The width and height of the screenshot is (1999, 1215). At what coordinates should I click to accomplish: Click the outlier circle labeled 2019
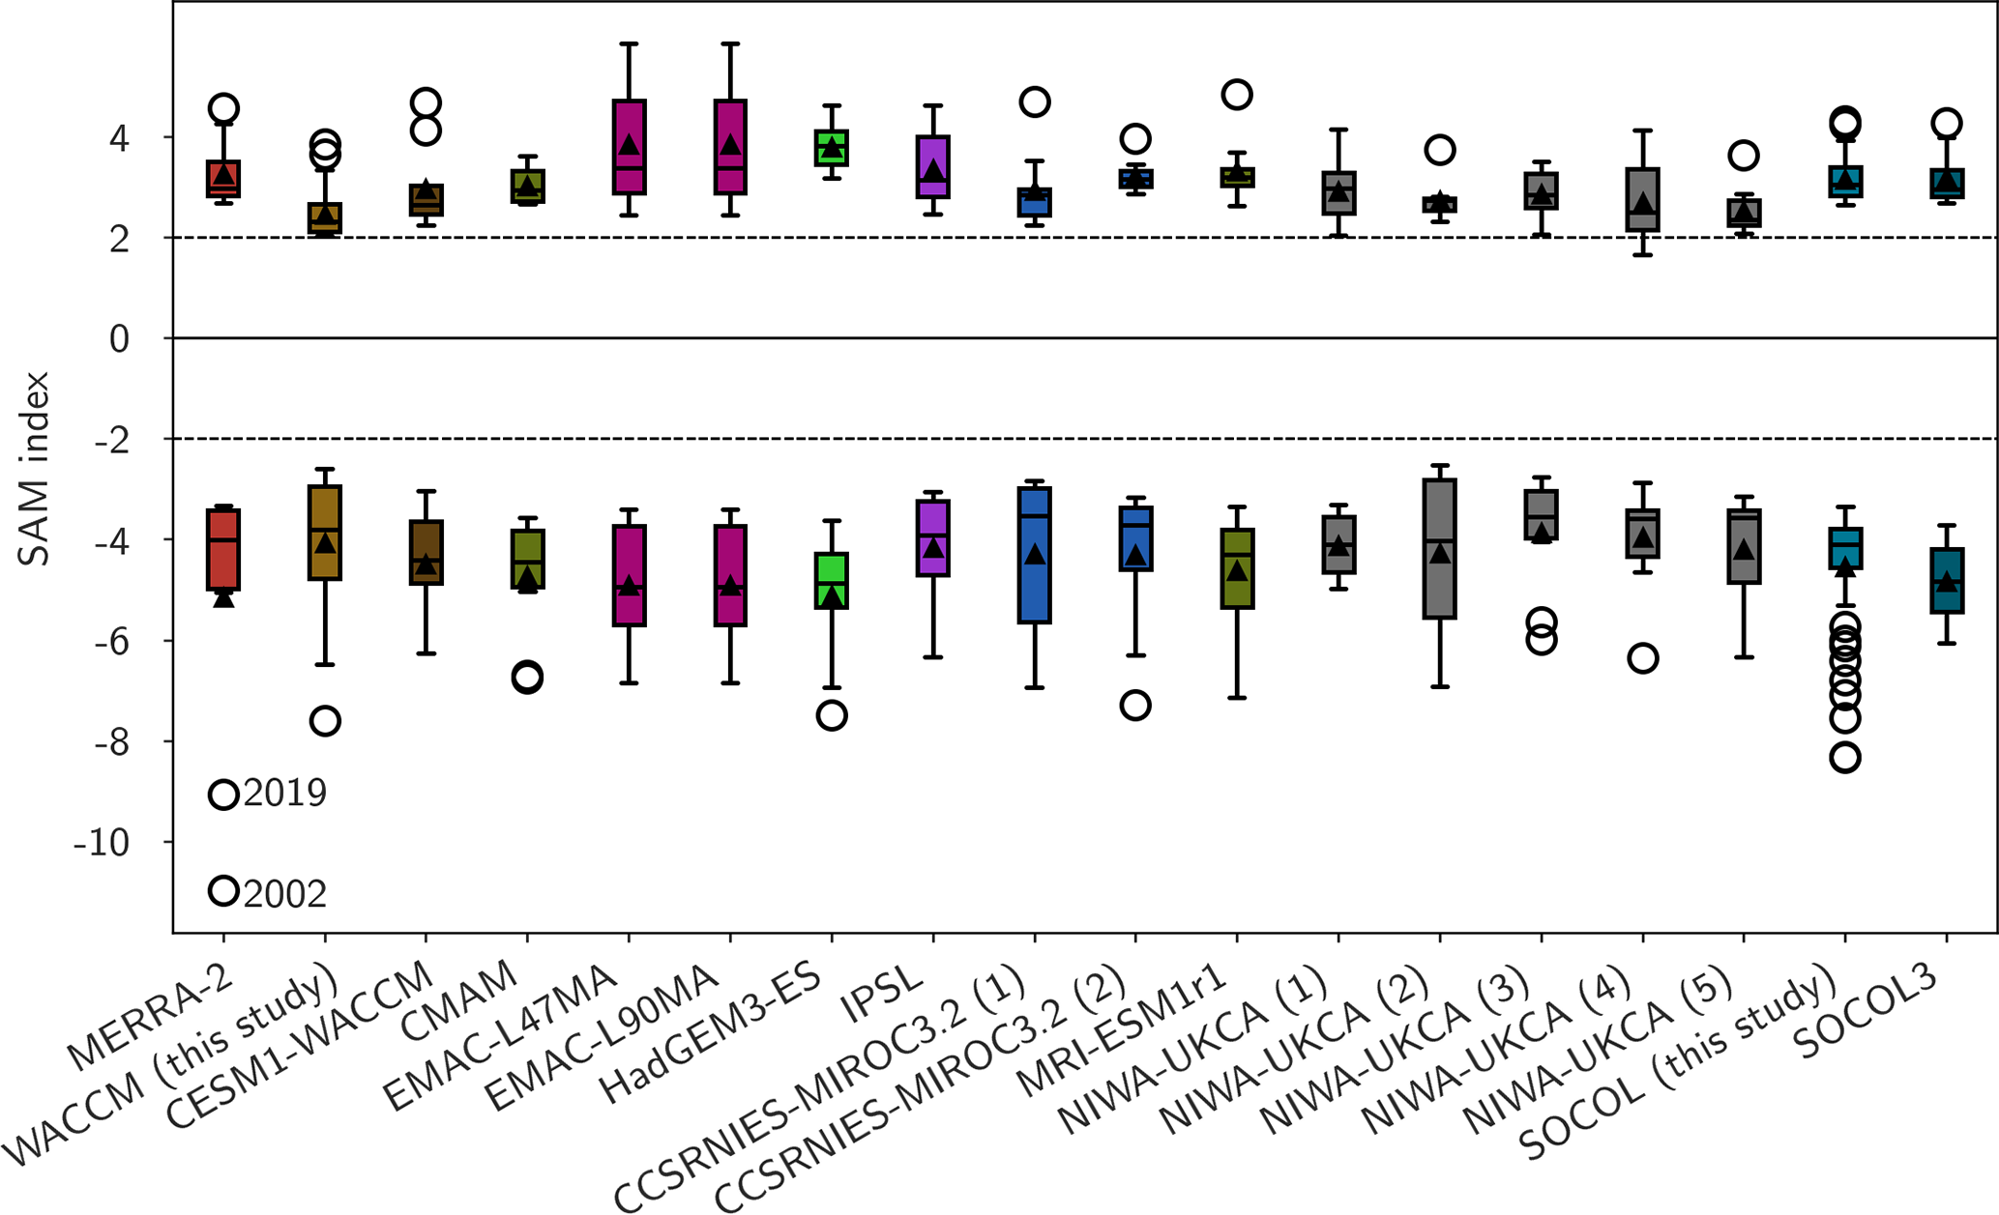223,795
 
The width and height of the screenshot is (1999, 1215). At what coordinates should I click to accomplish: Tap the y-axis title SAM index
34,469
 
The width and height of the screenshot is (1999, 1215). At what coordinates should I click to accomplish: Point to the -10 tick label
102,843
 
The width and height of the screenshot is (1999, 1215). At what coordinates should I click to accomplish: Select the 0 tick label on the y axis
119,339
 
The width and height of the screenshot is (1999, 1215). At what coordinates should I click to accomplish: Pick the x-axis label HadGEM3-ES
710,1035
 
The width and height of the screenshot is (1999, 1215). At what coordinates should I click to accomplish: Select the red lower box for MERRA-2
223,549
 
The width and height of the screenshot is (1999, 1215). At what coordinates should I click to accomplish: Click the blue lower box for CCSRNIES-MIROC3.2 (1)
1035,555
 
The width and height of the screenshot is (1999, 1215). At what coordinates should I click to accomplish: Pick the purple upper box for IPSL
933,166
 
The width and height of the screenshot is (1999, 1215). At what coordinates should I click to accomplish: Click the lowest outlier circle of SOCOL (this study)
1845,757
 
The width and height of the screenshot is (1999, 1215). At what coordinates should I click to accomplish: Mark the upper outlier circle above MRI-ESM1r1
1237,95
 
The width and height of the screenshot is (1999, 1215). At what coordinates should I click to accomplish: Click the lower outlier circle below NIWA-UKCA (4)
1643,658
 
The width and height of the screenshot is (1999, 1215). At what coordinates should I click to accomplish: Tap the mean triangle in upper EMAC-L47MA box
630,145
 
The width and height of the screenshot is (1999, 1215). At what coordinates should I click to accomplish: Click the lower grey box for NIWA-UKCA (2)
1440,548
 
